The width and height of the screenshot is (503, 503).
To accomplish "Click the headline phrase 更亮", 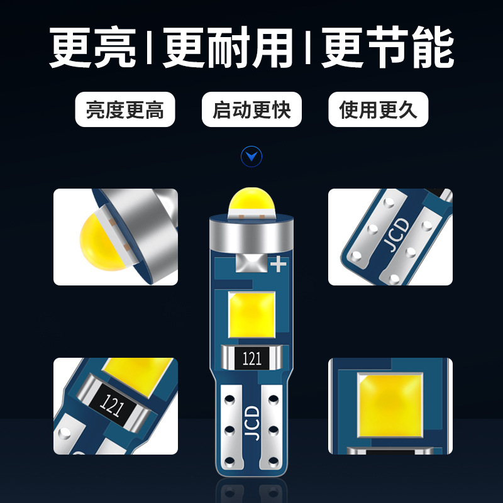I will [95, 49].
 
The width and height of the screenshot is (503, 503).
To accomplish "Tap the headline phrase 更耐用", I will [229, 49].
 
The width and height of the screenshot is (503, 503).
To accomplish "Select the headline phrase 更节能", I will [387, 49].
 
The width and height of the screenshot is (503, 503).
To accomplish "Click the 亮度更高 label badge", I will [124, 110].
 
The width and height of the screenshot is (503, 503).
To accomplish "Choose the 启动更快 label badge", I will [251, 110].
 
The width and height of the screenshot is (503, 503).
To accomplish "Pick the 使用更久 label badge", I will [378, 110].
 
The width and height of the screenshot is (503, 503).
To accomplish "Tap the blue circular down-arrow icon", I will [251, 156].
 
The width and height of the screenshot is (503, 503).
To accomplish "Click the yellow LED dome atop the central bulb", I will [251, 202].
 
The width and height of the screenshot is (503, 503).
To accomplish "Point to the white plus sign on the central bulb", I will [277, 265].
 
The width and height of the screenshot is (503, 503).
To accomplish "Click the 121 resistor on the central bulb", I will [251, 359].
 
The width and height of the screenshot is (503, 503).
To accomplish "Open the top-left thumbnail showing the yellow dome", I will [116, 237].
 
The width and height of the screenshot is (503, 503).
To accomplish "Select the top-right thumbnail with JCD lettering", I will [390, 237].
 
